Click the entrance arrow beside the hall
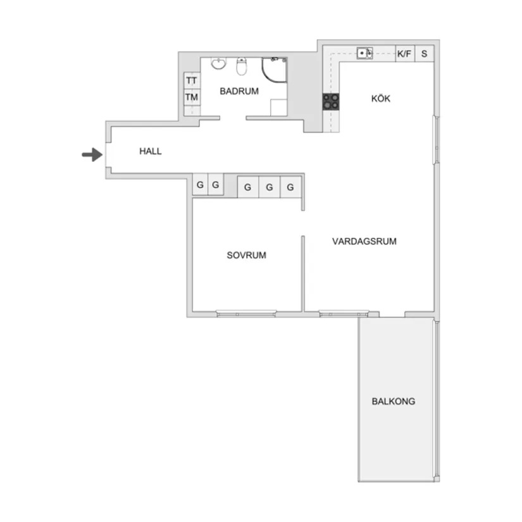(x=92, y=154)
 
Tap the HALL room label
(x=151, y=151)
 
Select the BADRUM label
(x=239, y=91)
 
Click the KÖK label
(x=380, y=99)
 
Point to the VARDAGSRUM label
(x=364, y=241)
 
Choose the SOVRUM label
(x=246, y=256)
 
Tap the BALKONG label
(x=394, y=401)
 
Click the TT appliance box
(x=192, y=81)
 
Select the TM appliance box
(x=192, y=98)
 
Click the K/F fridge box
(x=404, y=54)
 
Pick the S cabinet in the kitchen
(x=424, y=54)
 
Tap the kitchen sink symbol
(x=364, y=53)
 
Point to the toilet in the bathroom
(x=241, y=66)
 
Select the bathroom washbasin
(x=218, y=64)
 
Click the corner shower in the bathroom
(x=275, y=70)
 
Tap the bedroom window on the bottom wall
(x=246, y=313)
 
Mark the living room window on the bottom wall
(x=344, y=313)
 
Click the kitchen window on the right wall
(x=435, y=139)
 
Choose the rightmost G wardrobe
(x=290, y=187)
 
